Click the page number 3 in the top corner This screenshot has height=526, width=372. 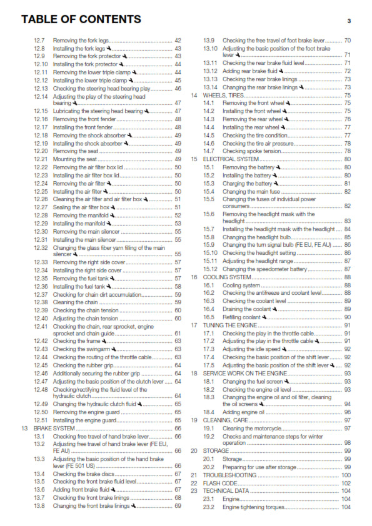click(x=349, y=21)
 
